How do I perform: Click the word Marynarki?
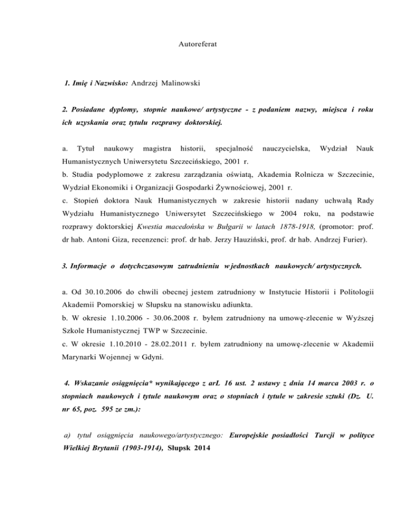(x=82, y=369)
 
